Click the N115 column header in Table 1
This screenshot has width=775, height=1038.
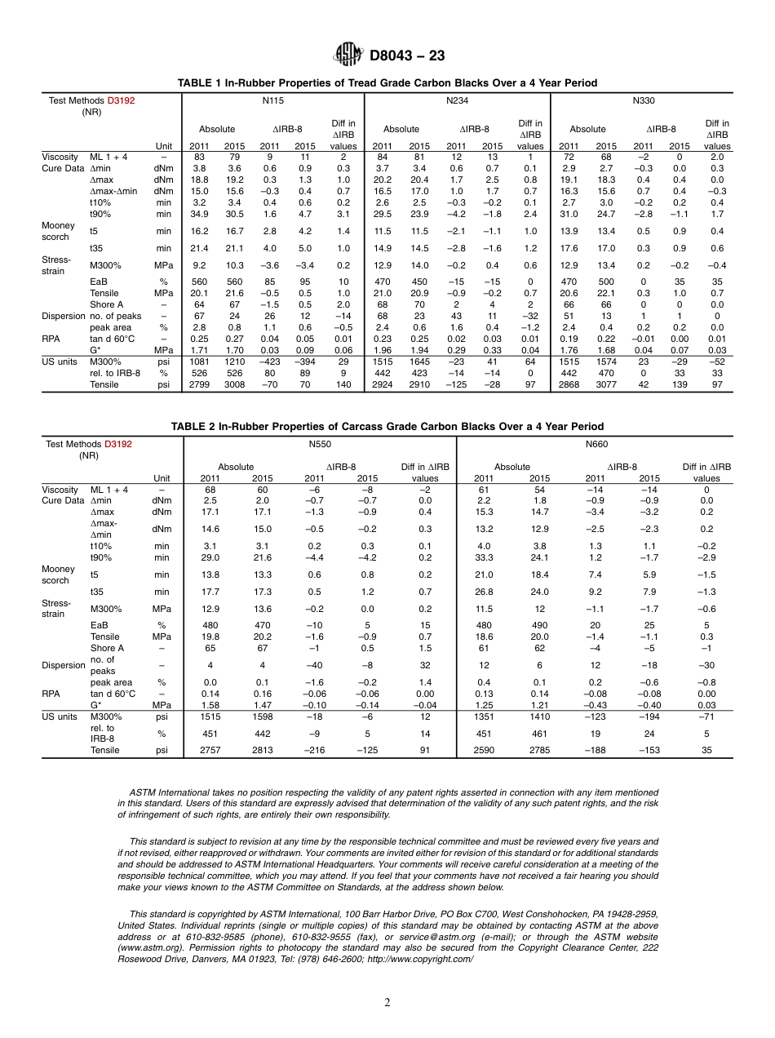272,100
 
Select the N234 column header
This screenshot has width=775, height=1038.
457,100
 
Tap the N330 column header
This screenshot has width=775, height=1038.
644,100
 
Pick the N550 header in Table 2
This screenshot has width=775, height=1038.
319,444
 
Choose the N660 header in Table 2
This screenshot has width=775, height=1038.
596,444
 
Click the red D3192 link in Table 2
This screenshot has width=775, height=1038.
118,444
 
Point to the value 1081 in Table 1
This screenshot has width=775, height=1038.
199,361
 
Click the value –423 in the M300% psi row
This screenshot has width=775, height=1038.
269,361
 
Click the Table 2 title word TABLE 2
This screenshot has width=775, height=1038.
193,426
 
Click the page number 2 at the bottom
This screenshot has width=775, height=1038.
387,1003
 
